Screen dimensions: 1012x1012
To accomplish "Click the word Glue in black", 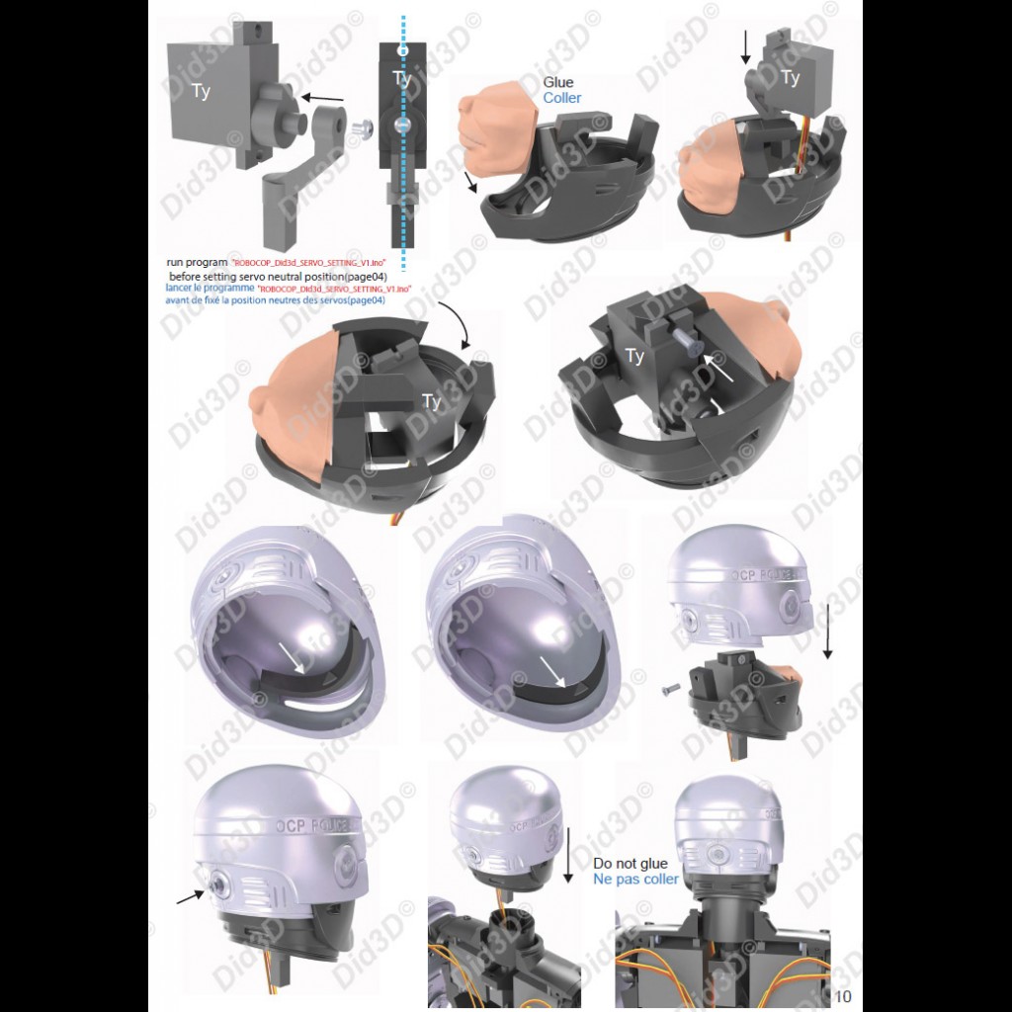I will (x=558, y=83).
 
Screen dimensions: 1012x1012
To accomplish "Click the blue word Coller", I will (x=562, y=99).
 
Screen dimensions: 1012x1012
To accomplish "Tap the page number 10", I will (x=843, y=995).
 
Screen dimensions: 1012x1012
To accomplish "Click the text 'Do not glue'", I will (x=630, y=864).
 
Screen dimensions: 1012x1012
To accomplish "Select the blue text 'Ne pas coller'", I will (x=635, y=880).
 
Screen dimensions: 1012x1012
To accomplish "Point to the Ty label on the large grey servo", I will (x=201, y=92).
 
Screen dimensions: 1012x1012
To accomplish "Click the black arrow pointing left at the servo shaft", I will (x=323, y=98).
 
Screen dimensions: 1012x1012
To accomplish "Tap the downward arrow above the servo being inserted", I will (x=748, y=47).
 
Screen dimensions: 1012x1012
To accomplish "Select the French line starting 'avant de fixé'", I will (x=276, y=299).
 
